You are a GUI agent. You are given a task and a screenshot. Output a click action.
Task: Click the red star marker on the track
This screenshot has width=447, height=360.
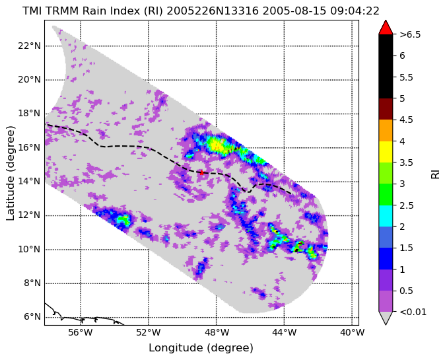(x=201, y=172)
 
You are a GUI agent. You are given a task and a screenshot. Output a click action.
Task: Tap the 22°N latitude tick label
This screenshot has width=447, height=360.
(x=29, y=46)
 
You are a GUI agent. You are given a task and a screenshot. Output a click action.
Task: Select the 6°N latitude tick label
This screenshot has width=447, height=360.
(x=32, y=317)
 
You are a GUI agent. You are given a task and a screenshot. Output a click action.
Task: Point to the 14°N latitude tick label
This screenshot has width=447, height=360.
(x=29, y=181)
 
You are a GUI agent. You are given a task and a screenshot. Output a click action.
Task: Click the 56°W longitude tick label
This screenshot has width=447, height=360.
(x=81, y=332)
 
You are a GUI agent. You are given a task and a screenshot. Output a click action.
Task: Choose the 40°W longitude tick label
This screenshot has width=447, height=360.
(x=352, y=332)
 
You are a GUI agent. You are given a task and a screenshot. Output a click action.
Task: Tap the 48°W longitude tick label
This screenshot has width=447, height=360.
(x=217, y=332)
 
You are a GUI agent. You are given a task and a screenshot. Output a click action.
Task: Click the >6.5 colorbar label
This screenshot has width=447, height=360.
(x=410, y=34)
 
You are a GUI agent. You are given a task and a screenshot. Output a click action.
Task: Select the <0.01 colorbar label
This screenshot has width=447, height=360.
(x=413, y=312)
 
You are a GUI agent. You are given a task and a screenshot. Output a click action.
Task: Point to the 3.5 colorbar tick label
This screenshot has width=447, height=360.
(x=406, y=162)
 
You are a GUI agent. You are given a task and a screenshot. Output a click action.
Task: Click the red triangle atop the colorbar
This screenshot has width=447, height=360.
(x=386, y=28)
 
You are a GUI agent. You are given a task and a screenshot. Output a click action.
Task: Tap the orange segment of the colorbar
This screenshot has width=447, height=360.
(x=386, y=130)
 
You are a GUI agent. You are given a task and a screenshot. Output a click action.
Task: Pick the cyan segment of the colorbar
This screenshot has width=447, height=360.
(x=386, y=216)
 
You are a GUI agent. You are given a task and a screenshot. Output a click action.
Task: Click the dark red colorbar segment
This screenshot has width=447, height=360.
(x=386, y=109)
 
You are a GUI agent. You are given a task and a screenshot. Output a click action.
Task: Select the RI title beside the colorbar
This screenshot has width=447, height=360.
(x=435, y=173)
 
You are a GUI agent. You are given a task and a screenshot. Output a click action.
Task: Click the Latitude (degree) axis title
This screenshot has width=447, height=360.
(x=11, y=173)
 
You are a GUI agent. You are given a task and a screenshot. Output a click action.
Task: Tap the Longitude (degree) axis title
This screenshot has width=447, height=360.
(x=201, y=348)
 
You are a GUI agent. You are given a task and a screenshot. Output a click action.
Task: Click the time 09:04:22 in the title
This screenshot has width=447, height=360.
(x=355, y=11)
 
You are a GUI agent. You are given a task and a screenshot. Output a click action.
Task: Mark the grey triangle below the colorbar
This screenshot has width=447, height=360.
(x=386, y=317)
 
